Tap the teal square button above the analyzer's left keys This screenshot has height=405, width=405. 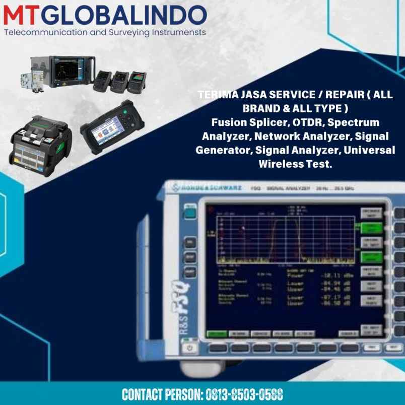point(190,214)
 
